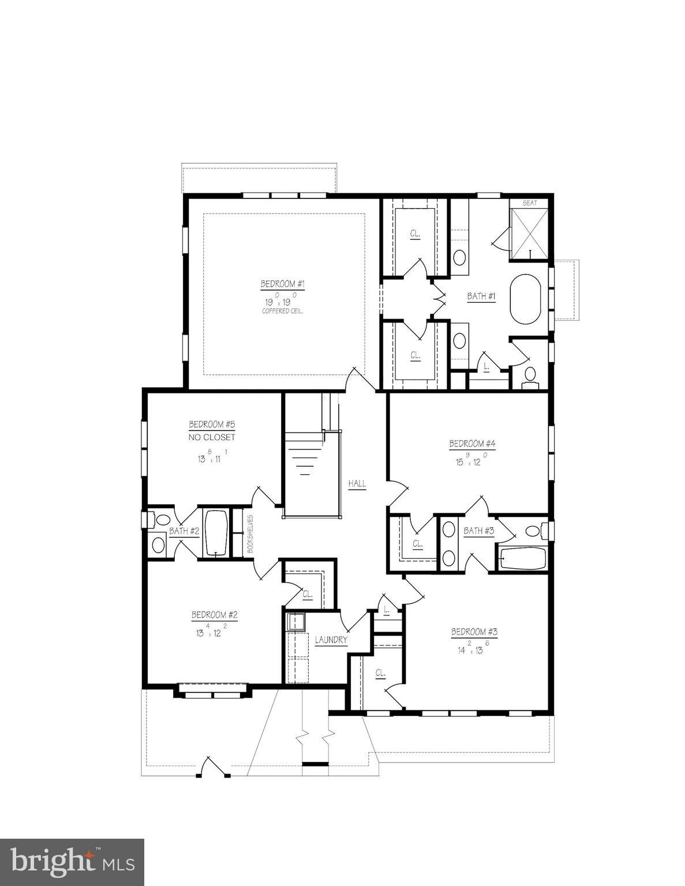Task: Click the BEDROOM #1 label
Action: click(x=282, y=284)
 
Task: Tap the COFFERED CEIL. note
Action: click(x=282, y=311)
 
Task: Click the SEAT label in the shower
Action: click(x=529, y=203)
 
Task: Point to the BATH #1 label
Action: click(x=481, y=296)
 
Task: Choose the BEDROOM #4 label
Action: click(x=473, y=444)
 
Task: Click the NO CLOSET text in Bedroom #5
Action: click(x=212, y=437)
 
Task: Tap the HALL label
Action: click(x=357, y=484)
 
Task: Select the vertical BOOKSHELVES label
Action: click(x=250, y=534)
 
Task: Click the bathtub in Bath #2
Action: click(x=216, y=532)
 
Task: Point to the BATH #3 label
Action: click(x=479, y=531)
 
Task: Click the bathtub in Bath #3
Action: click(x=522, y=558)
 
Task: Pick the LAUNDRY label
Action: click(x=331, y=640)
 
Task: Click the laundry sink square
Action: click(x=296, y=622)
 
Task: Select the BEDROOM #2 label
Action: click(x=214, y=615)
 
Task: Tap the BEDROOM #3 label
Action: click(x=474, y=632)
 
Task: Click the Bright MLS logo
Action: click(x=72, y=862)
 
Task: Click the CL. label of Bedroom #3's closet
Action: click(x=380, y=673)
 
